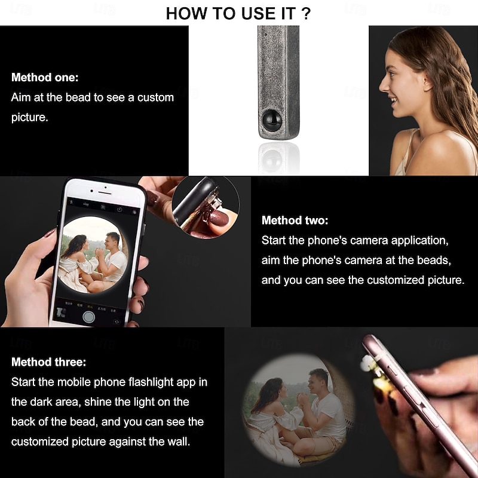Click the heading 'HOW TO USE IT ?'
point(238,13)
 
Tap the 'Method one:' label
point(45,78)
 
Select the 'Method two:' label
point(295,220)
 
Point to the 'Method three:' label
point(49,362)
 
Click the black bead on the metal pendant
point(272,120)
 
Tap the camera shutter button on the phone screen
point(88,317)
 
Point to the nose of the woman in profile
point(383,85)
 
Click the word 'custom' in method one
point(155,97)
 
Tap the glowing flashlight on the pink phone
point(369,364)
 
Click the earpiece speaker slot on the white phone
point(105,193)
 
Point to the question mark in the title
point(306,13)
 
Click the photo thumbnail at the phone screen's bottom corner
point(62,312)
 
